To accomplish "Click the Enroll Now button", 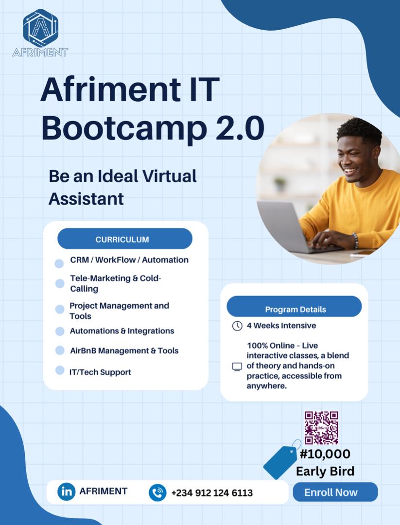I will click(x=335, y=492).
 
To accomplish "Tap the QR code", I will click(x=321, y=428).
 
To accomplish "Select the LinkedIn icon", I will click(x=67, y=491).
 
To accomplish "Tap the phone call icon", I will click(x=157, y=492).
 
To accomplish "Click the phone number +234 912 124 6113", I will click(x=212, y=493).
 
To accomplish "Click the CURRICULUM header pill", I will click(x=125, y=239).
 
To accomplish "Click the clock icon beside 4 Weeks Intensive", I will click(x=237, y=326).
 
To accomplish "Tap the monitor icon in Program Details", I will click(x=237, y=367).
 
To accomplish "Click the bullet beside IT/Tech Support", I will click(x=60, y=370).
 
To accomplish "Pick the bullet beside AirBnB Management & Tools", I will click(x=60, y=350).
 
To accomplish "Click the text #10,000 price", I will click(x=325, y=454).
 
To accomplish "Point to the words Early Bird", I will click(x=325, y=471).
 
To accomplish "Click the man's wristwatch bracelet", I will click(x=355, y=240).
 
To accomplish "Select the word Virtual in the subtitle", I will click(x=167, y=176).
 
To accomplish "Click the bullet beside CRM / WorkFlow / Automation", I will click(x=59, y=263).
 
